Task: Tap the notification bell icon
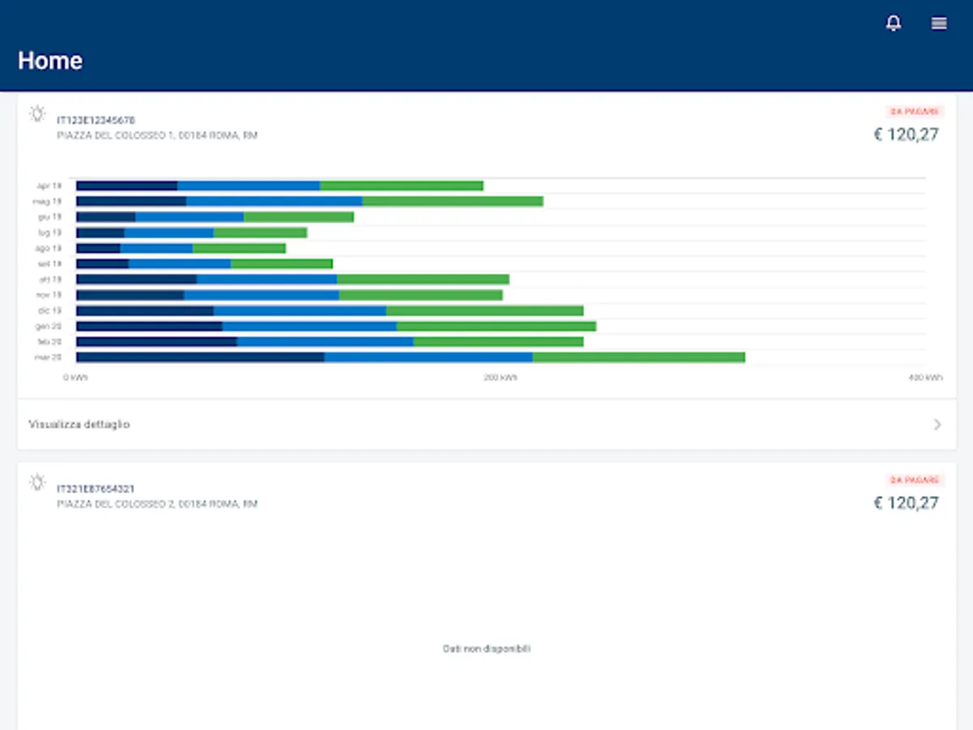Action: (893, 24)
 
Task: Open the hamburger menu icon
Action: (939, 24)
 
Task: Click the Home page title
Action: (50, 61)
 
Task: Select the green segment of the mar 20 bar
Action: (638, 357)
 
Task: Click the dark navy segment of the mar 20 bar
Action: (199, 357)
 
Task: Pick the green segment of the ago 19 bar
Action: (238, 248)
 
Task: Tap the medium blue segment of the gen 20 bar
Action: (309, 326)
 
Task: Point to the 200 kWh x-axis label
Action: (500, 378)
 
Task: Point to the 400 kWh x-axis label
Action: (925, 378)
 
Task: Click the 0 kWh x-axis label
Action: (76, 378)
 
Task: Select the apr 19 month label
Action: (49, 186)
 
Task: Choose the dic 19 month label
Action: (49, 311)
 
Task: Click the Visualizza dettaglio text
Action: (79, 424)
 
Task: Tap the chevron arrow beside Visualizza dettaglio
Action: (937, 424)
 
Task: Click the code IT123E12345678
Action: (96, 120)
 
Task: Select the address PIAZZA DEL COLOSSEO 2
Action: (157, 504)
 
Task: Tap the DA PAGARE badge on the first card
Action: (914, 112)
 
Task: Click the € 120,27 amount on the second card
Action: (906, 503)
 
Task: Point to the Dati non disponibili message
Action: (486, 649)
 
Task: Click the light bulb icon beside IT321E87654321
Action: (37, 483)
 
